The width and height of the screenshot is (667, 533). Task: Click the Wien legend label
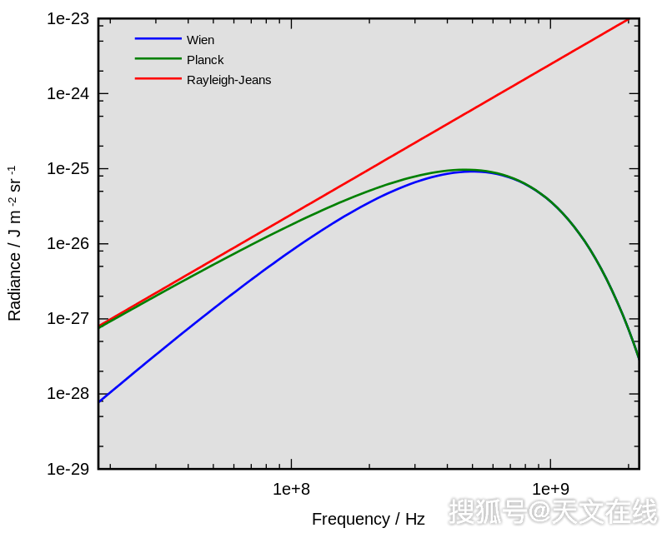[200, 40]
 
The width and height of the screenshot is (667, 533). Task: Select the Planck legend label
[205, 60]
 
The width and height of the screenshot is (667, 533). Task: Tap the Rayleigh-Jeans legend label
[228, 80]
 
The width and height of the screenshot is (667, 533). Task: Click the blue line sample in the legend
[158, 38]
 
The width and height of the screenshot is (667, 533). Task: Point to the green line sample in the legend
[158, 58]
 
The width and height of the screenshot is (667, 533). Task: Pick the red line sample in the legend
[158, 78]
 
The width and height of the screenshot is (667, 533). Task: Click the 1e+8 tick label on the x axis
[291, 489]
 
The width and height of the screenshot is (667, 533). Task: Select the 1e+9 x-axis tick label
[549, 489]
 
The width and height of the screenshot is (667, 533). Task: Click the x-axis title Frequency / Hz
[368, 520]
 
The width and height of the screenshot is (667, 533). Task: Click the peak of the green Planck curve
[464, 169]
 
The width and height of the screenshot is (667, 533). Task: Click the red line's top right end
[628, 18]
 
